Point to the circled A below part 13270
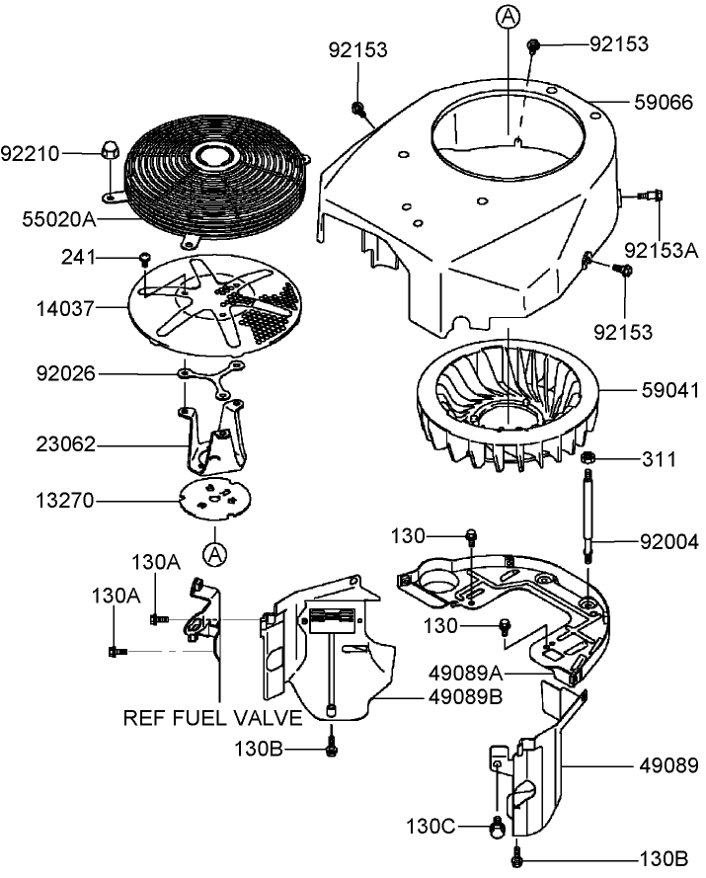tap(214, 554)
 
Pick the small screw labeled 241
tap(144, 259)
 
